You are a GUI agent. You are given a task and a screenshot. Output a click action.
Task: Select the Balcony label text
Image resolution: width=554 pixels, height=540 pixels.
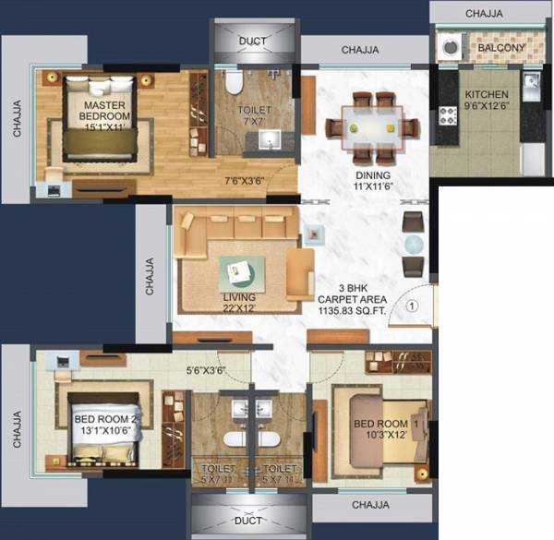501,48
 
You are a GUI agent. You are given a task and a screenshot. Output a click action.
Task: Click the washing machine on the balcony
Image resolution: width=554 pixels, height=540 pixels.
452,46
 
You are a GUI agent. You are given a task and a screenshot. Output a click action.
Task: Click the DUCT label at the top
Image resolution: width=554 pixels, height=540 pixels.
252,42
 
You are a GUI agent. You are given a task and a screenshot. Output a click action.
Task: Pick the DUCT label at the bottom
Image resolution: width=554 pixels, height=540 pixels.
248,521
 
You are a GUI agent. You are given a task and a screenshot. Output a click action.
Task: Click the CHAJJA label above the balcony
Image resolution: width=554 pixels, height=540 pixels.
490,13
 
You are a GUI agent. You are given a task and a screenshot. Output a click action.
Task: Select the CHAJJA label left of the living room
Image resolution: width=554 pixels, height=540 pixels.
151,274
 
